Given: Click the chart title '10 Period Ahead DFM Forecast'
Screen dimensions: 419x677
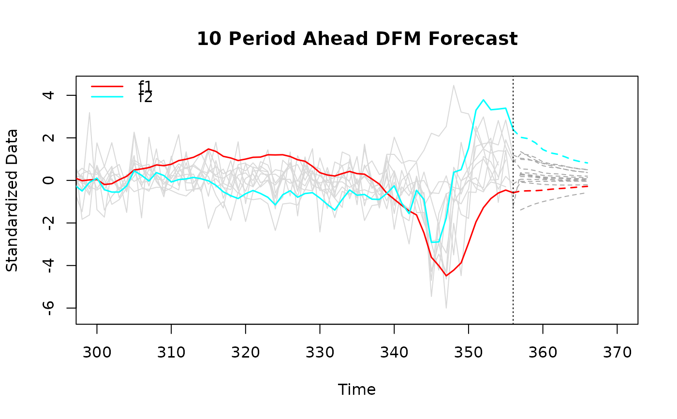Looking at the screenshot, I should (x=357, y=39).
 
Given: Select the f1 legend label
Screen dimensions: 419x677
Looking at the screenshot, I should (x=145, y=87).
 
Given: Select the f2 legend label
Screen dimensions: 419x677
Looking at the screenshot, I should (x=145, y=97).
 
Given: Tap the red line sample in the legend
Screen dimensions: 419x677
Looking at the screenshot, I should (x=107, y=87).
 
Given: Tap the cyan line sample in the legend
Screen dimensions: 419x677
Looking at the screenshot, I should (x=107, y=97).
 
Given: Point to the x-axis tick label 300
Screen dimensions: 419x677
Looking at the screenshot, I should (x=97, y=353).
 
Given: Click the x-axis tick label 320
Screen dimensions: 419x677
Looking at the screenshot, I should (x=246, y=353).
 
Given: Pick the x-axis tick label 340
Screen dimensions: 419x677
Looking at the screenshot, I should (x=394, y=353).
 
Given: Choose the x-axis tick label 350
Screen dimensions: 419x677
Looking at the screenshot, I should (x=469, y=353).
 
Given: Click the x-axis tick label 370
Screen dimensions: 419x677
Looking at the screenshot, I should (x=617, y=353).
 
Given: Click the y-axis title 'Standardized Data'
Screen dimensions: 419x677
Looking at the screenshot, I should (x=12, y=200).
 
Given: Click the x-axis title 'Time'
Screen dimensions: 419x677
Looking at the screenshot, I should (x=357, y=390).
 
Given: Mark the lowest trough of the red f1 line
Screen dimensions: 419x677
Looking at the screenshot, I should (x=446, y=276).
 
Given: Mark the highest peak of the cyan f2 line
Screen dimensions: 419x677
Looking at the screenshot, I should (x=483, y=100).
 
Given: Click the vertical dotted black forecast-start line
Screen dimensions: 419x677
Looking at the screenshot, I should (x=513, y=242).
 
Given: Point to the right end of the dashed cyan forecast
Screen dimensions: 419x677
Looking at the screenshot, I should (x=588, y=163).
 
